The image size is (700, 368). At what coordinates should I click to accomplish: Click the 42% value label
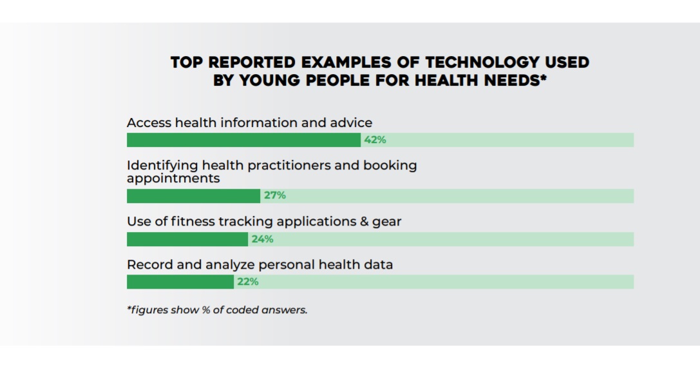point(375,140)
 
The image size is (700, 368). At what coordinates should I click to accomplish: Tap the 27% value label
point(275,196)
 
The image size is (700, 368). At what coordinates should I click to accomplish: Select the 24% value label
point(263,239)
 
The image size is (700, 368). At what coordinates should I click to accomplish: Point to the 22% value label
point(248,282)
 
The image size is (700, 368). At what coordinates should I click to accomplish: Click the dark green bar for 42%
point(243,140)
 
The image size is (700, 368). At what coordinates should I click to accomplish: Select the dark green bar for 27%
point(193,196)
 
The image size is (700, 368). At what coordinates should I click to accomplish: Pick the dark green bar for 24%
point(187,239)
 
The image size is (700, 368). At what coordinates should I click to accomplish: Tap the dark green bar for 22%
point(180,282)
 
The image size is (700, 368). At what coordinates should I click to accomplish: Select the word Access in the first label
point(148,122)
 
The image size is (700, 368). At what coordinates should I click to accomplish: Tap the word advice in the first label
point(351,122)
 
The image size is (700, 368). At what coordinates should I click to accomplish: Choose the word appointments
point(173,178)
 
